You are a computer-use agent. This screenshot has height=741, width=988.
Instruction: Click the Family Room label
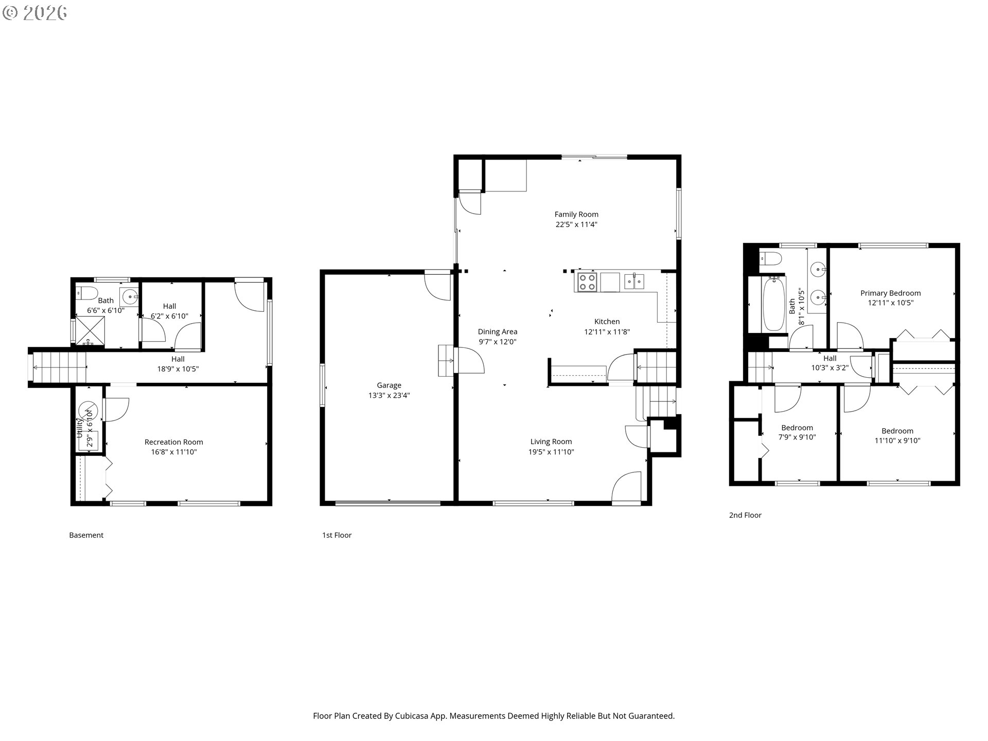(576, 214)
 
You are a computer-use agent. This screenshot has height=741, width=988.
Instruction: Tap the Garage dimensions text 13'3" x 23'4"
(389, 395)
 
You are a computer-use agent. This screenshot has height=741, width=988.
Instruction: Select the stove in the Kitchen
(587, 282)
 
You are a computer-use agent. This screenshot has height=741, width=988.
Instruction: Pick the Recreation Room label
(174, 442)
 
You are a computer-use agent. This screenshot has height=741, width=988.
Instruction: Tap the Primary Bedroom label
(891, 293)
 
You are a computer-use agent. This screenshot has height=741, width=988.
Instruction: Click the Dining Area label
(498, 332)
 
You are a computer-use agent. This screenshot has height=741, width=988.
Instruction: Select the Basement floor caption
(86, 535)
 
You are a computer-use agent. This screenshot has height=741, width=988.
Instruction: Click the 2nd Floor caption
(745, 515)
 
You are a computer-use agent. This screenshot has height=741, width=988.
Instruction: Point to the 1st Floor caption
(337, 535)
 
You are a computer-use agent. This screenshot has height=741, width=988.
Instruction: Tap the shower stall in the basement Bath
(90, 330)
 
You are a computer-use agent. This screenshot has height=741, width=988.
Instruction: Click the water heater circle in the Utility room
(87, 411)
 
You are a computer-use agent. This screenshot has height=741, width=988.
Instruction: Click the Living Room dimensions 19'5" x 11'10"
(551, 452)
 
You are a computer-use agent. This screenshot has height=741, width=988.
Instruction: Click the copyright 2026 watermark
(35, 13)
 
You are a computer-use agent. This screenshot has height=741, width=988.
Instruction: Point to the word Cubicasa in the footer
(411, 716)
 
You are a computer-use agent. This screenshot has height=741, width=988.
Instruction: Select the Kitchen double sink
(634, 281)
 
